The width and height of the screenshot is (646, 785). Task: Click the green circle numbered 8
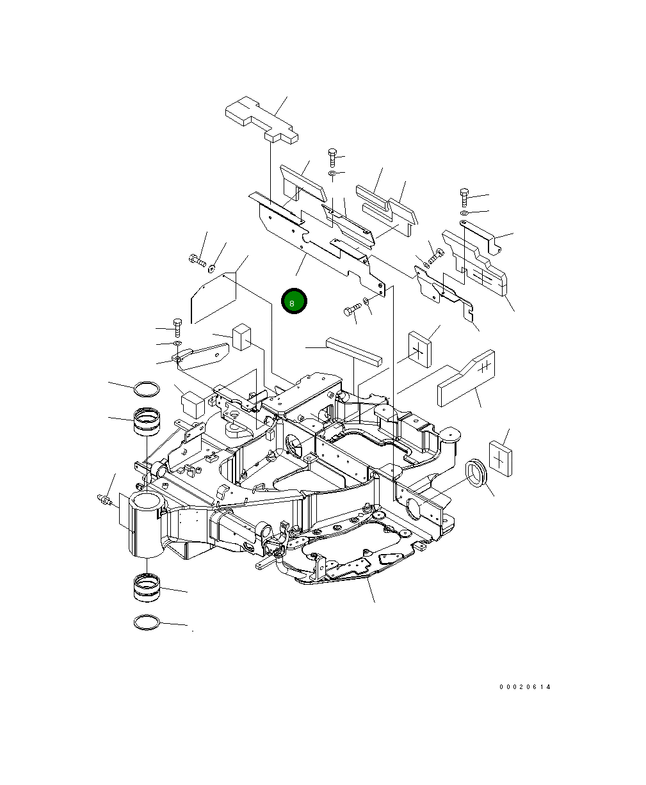[x=294, y=301]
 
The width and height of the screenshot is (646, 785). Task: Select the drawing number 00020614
[x=524, y=686]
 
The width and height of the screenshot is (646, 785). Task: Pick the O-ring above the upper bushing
[x=147, y=390]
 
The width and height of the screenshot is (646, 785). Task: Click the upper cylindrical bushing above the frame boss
[x=147, y=422]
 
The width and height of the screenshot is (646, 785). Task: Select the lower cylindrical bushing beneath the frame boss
[x=147, y=588]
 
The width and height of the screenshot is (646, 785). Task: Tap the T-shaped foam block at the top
[x=261, y=120]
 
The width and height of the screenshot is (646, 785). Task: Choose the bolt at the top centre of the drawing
[x=332, y=157]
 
